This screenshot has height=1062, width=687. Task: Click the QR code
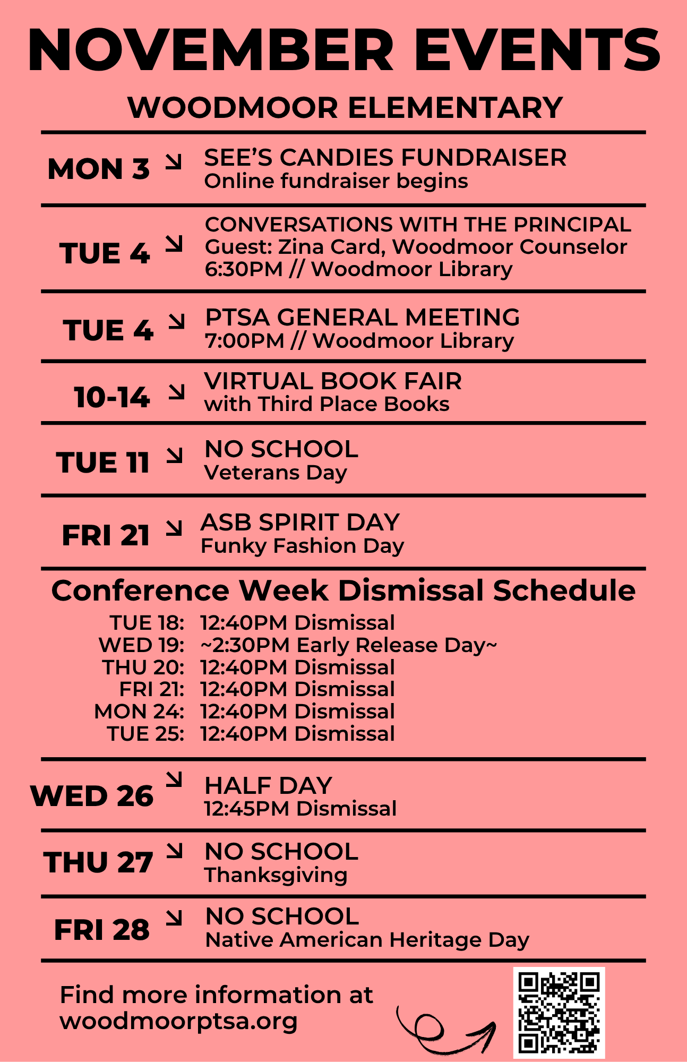tap(559, 1012)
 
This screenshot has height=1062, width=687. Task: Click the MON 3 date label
tap(98, 169)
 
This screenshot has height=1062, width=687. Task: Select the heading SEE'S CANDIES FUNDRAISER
tap(385, 158)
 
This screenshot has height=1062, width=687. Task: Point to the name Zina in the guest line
tap(301, 247)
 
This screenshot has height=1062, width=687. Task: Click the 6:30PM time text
tap(244, 269)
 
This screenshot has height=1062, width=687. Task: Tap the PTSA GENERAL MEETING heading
tap(362, 318)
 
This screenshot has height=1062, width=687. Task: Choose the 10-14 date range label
tap(111, 397)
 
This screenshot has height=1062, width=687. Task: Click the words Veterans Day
tap(276, 472)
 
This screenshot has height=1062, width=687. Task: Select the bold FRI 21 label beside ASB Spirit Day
tap(106, 535)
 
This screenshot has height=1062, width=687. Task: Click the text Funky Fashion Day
tap(302, 546)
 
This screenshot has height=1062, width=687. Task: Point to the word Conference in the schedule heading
tap(140, 590)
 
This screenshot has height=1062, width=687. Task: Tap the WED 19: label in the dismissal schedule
tap(141, 645)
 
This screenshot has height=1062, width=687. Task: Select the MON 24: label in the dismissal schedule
tap(139, 712)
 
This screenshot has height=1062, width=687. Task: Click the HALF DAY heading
tap(268, 785)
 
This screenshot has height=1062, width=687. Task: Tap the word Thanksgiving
tap(276, 875)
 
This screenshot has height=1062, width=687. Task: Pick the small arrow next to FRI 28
tap(174, 918)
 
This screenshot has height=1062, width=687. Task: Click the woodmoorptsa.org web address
tap(178, 1021)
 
